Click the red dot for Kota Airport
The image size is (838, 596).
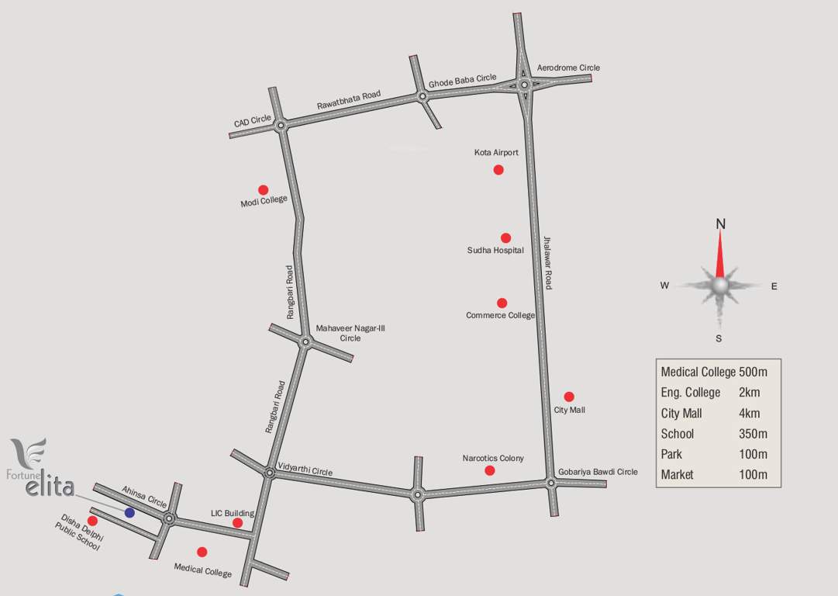[x=498, y=169]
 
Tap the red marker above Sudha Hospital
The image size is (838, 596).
[x=505, y=237]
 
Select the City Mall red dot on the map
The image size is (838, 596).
[x=568, y=397]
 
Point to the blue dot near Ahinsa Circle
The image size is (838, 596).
[x=129, y=512]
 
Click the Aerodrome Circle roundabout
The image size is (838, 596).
[x=525, y=85]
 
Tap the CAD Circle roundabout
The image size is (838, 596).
[x=281, y=124]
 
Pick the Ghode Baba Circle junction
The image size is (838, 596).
[x=422, y=97]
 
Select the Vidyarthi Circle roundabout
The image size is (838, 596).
[x=269, y=473]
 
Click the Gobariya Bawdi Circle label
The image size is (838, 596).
[x=597, y=471]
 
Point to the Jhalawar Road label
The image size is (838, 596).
[x=547, y=263]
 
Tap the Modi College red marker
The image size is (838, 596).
[x=263, y=189]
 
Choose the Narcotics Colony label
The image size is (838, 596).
[x=492, y=458]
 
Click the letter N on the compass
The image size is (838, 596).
[x=720, y=224]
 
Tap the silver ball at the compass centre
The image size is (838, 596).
[x=720, y=286]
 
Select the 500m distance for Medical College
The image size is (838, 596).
[x=754, y=372]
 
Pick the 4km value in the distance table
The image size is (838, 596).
[x=749, y=413]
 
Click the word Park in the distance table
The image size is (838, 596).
[x=671, y=454]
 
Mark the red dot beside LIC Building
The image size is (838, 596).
[x=237, y=523]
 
